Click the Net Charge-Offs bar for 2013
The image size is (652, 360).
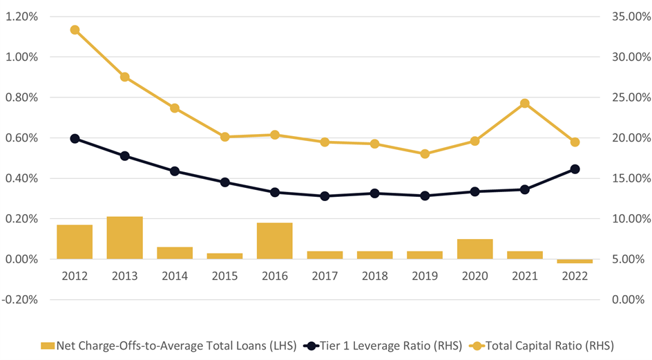click(x=124, y=238)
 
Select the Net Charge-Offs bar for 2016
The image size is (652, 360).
click(x=275, y=240)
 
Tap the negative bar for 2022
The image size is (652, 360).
click(x=575, y=261)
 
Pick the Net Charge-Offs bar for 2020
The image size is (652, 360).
click(x=474, y=249)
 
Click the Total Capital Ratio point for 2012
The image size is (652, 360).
click(x=75, y=30)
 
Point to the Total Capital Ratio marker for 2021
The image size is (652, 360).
click(x=525, y=104)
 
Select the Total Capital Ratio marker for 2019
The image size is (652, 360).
click(x=425, y=153)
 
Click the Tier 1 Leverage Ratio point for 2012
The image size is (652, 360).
click(x=75, y=139)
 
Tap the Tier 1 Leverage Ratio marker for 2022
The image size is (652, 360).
click(x=575, y=169)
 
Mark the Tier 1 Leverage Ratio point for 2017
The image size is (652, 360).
click(x=325, y=196)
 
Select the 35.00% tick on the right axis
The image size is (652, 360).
click(x=631, y=17)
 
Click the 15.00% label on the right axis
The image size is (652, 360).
click(x=631, y=178)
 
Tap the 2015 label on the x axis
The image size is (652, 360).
click(x=224, y=276)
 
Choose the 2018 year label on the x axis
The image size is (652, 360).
click(x=374, y=276)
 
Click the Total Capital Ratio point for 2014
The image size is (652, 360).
click(x=175, y=108)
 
